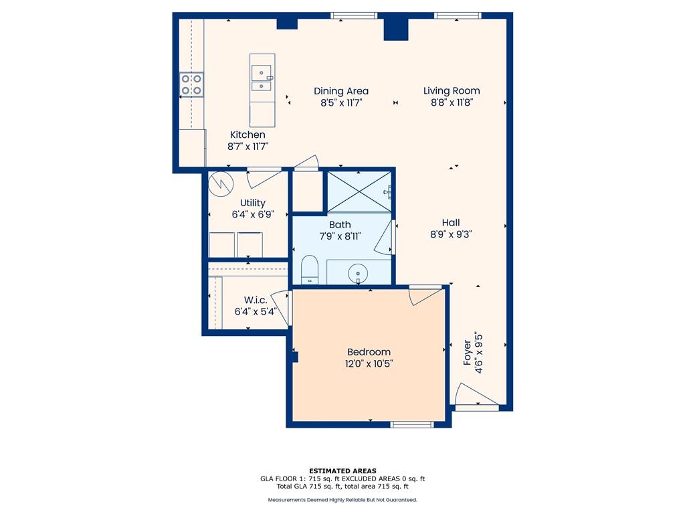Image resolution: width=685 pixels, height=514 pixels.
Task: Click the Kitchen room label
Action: pyautogui.click(x=248, y=135)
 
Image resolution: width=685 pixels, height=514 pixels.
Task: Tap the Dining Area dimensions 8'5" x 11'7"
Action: pyautogui.click(x=341, y=102)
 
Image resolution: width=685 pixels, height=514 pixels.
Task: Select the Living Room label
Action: pyautogui.click(x=452, y=90)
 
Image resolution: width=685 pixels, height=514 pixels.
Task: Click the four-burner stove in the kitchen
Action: pyautogui.click(x=192, y=84)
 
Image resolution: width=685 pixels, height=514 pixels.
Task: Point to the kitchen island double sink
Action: pyautogui.click(x=262, y=78)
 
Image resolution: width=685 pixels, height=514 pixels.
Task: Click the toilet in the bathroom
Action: pyautogui.click(x=310, y=269)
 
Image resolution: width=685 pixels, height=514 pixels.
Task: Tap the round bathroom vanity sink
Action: pyautogui.click(x=358, y=274)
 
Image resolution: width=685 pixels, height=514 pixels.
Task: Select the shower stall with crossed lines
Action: pyautogui.click(x=359, y=192)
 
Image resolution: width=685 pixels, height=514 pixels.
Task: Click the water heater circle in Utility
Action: pyautogui.click(x=221, y=183)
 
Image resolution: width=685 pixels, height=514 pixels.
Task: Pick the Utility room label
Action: pyautogui.click(x=252, y=203)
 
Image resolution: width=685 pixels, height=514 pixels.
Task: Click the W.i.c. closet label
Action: pyautogui.click(x=256, y=300)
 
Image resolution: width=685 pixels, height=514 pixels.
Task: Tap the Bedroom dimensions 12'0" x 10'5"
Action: pyautogui.click(x=369, y=363)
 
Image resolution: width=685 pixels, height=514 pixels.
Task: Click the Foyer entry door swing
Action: pyautogui.click(x=476, y=394)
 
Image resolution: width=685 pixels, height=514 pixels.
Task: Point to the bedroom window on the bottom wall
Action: pyautogui.click(x=412, y=424)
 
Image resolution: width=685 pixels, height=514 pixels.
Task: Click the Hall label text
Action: pyautogui.click(x=451, y=222)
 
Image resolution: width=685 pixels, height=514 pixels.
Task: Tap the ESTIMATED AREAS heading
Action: pyautogui.click(x=342, y=471)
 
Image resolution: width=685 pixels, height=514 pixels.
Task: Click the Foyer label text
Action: pyautogui.click(x=468, y=353)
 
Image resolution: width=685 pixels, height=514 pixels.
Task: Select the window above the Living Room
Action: pyautogui.click(x=458, y=16)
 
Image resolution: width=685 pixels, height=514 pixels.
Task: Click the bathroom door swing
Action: pyautogui.click(x=385, y=238)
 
